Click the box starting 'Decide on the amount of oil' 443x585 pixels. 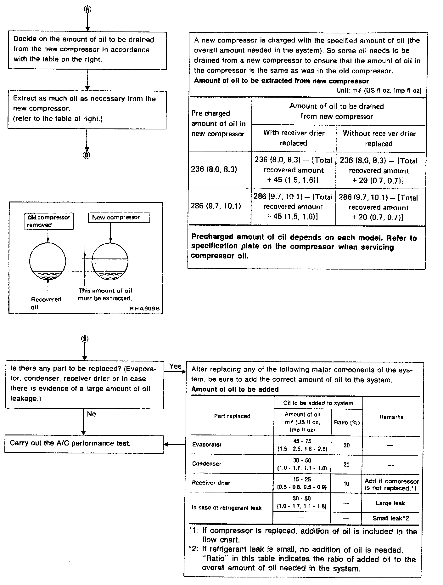click(x=87, y=50)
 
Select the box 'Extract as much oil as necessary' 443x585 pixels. click(x=87, y=109)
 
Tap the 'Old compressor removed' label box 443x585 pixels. click(x=49, y=221)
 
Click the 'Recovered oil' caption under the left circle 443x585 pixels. click(x=46, y=303)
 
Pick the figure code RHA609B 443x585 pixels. click(x=145, y=309)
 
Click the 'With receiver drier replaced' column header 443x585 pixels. click(x=294, y=138)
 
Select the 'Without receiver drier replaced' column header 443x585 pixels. click(x=379, y=139)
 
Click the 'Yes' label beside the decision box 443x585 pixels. click(x=175, y=366)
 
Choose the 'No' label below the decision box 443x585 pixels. click(x=92, y=414)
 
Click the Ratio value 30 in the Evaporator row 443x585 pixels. click(x=346, y=445)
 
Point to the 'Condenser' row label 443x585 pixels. click(x=207, y=463)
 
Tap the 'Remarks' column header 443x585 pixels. click(x=391, y=417)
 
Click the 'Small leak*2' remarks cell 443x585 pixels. click(x=391, y=518)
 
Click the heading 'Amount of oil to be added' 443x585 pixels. click(x=235, y=389)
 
